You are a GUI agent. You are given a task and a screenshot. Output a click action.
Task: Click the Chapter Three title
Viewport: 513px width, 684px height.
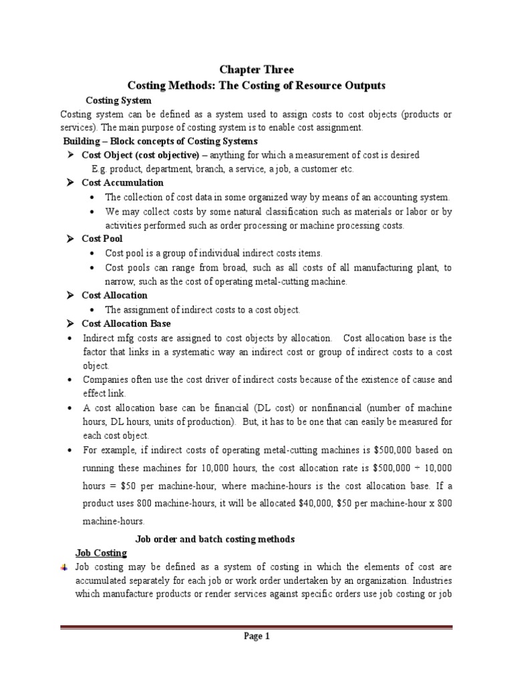tap(257, 69)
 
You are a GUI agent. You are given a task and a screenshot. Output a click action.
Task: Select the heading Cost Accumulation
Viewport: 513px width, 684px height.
tap(122, 182)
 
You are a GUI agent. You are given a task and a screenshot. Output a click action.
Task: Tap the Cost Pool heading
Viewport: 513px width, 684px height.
tap(102, 238)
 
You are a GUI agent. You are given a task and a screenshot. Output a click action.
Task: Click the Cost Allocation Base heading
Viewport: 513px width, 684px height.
tap(126, 323)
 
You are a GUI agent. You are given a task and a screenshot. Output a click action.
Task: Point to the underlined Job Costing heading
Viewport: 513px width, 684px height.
tap(100, 554)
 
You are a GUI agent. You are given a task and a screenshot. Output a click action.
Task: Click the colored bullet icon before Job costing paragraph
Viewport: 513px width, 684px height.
tap(63, 567)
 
